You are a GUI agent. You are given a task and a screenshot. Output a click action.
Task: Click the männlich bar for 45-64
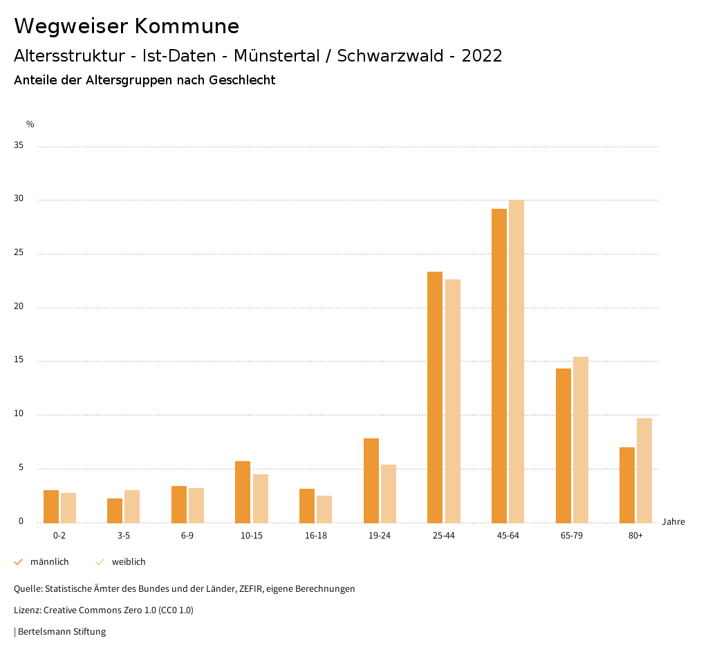point(499,366)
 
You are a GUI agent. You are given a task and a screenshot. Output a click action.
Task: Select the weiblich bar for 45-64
point(516,362)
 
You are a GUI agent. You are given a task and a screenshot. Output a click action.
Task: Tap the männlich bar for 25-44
point(435,398)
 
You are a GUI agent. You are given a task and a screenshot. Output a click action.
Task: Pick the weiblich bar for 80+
point(644,471)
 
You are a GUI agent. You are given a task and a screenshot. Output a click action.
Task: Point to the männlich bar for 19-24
point(371,480)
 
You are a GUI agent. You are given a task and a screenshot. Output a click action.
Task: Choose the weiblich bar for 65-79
point(581,440)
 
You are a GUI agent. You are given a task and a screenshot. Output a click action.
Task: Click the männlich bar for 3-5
point(115,511)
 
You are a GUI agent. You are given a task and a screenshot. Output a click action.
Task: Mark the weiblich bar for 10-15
point(261,498)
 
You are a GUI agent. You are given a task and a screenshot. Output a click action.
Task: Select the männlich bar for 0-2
point(51,507)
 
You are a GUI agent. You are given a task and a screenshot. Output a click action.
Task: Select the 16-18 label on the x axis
point(315,536)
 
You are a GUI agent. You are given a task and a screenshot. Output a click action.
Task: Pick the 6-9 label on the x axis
point(187,536)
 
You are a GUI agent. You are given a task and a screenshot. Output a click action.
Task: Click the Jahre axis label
point(673,522)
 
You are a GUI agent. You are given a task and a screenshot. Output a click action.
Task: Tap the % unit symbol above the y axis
point(30,124)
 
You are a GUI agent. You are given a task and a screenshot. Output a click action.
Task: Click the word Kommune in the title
point(187,26)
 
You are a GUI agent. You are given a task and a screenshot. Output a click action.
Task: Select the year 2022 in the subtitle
point(482,56)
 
